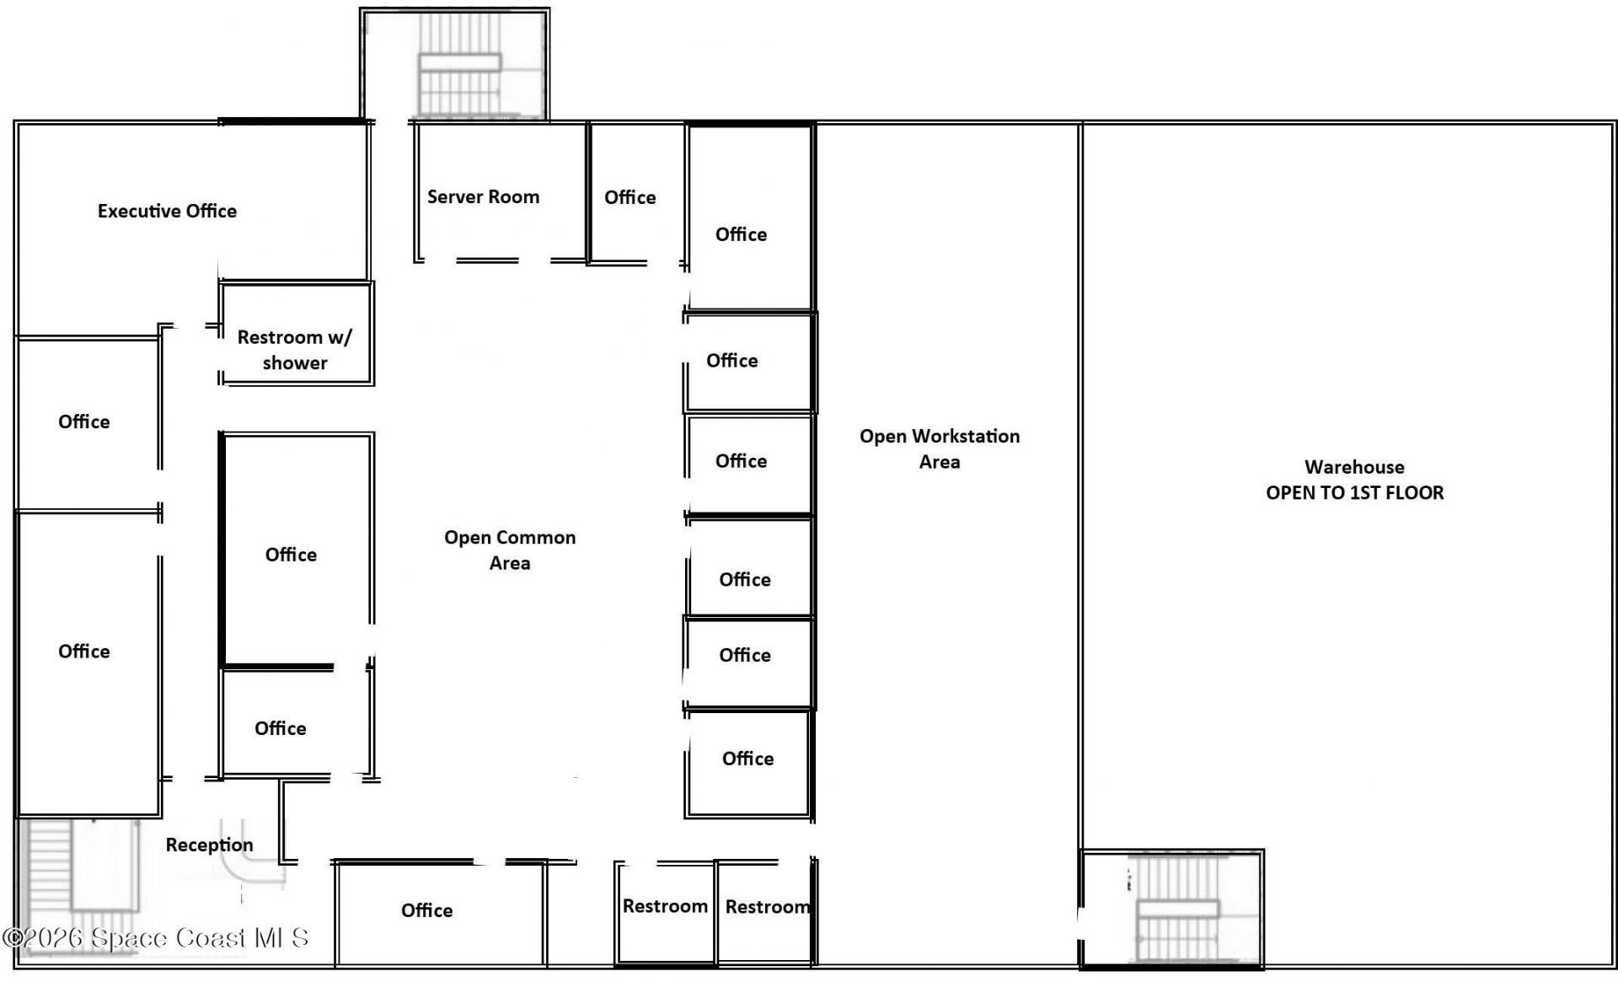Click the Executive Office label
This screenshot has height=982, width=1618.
pyautogui.click(x=167, y=211)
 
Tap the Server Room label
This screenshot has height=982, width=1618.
pyautogui.click(x=483, y=196)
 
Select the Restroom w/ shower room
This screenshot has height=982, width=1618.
pyautogui.click(x=294, y=349)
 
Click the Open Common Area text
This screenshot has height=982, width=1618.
pyautogui.click(x=510, y=550)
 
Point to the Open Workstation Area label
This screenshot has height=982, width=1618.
pyautogui.click(x=940, y=448)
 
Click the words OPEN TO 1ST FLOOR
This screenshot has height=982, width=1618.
pyautogui.click(x=1354, y=492)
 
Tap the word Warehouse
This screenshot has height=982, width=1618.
pyautogui.click(x=1354, y=467)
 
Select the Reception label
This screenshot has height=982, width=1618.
pyautogui.click(x=209, y=845)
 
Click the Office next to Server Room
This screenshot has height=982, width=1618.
pyautogui.click(x=630, y=197)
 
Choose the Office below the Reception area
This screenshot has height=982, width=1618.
pyautogui.click(x=426, y=910)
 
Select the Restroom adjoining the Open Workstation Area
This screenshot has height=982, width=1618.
pyautogui.click(x=765, y=907)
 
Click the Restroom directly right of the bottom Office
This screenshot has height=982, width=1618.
pyautogui.click(x=665, y=906)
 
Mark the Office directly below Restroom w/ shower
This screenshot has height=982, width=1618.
pyautogui.click(x=291, y=554)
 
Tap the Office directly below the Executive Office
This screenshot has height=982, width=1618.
pyautogui.click(x=83, y=421)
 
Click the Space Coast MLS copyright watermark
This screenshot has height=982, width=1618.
pyautogui.click(x=156, y=937)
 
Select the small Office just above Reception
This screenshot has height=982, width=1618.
pyautogui.click(x=281, y=728)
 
